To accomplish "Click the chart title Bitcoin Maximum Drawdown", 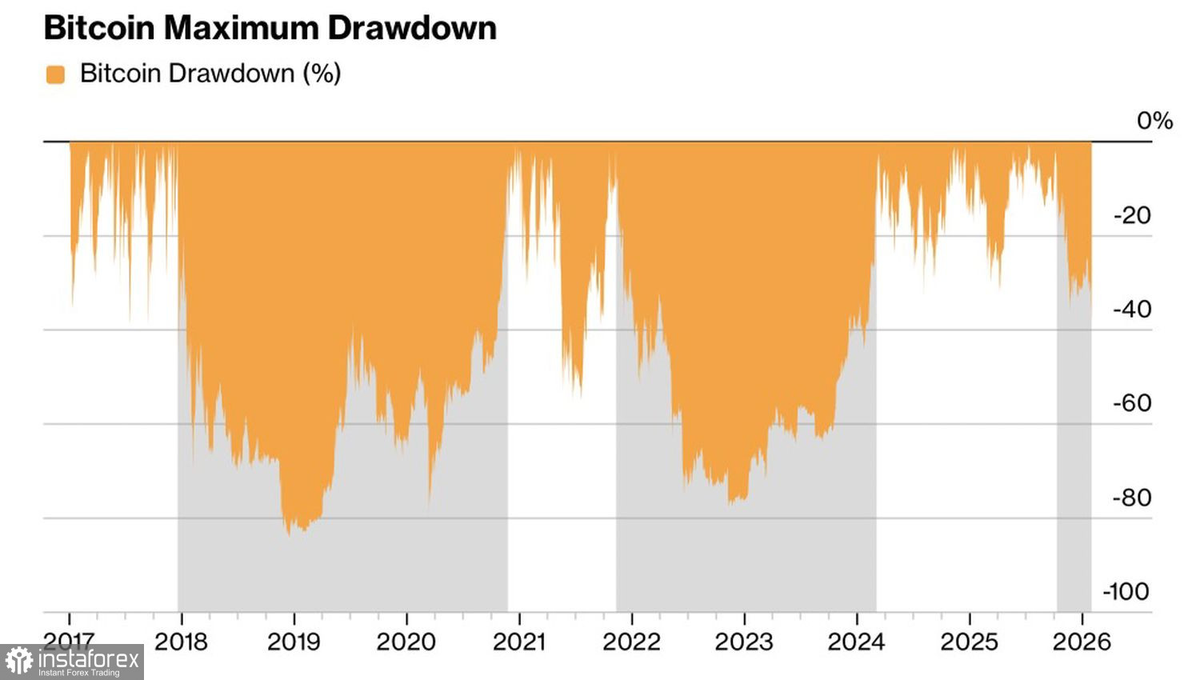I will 270,28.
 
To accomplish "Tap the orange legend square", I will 55,74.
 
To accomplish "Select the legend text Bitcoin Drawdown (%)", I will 210,74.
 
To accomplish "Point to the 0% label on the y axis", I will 1154,121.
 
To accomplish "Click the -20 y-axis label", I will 1132,215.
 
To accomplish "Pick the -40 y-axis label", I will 1132,309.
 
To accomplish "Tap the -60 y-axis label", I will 1132,402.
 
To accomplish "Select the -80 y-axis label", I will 1132,497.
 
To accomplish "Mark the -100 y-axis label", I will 1126,591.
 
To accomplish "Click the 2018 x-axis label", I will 181,642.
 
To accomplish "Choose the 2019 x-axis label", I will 294,642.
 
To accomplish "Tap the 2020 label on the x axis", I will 406,642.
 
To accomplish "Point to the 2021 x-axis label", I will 519,642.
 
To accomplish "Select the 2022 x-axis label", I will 632,642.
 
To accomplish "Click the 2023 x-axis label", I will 744,642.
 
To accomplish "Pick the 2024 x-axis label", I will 857,642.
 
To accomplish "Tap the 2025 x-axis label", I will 970,642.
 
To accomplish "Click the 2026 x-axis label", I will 1082,642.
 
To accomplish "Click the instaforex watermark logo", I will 73,662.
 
